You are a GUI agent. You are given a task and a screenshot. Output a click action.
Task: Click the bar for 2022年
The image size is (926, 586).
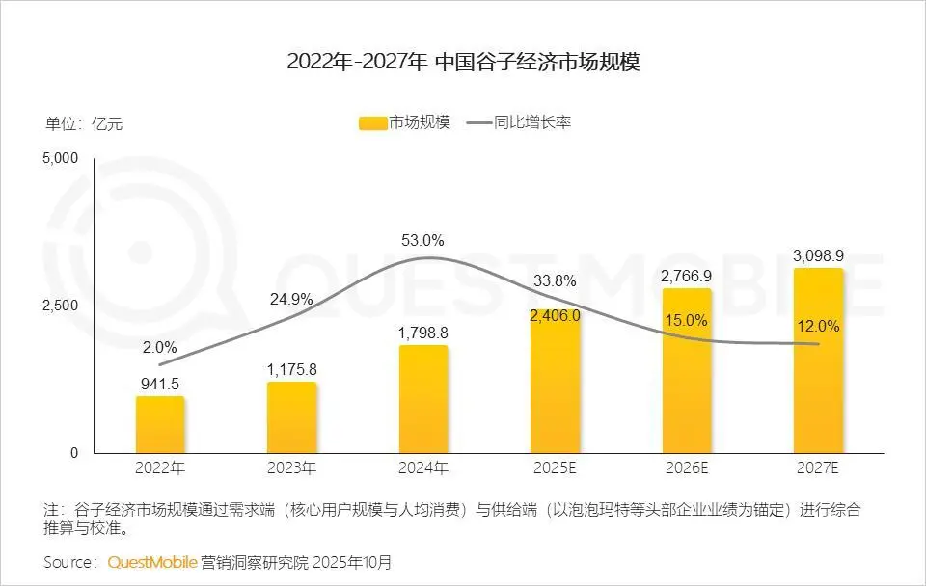point(160,424)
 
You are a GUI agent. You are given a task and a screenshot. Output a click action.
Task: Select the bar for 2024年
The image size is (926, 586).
point(423,399)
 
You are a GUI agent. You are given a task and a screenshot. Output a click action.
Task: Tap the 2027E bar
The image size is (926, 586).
point(818,360)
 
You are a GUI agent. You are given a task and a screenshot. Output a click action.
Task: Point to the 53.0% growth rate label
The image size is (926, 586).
point(422,240)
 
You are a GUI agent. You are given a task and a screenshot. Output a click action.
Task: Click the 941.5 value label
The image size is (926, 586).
point(159,382)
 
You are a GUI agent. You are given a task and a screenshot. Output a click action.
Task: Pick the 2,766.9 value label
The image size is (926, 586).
point(687,276)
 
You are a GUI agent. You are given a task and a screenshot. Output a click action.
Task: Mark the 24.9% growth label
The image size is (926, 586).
point(291,299)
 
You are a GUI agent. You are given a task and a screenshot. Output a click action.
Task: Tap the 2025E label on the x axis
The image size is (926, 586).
point(555,469)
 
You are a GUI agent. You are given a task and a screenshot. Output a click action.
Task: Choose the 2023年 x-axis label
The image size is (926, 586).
point(291,469)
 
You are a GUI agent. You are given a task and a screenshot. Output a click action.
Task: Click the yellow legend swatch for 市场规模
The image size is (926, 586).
point(371,123)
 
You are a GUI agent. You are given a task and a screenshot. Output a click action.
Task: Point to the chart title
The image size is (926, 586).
point(463,63)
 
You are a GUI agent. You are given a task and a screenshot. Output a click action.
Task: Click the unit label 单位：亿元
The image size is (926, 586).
point(84,123)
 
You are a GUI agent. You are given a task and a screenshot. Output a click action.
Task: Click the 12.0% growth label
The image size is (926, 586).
point(818,327)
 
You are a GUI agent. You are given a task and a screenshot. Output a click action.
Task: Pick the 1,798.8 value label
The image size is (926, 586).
point(422,333)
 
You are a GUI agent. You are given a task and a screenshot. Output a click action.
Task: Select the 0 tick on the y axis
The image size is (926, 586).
point(74,453)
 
